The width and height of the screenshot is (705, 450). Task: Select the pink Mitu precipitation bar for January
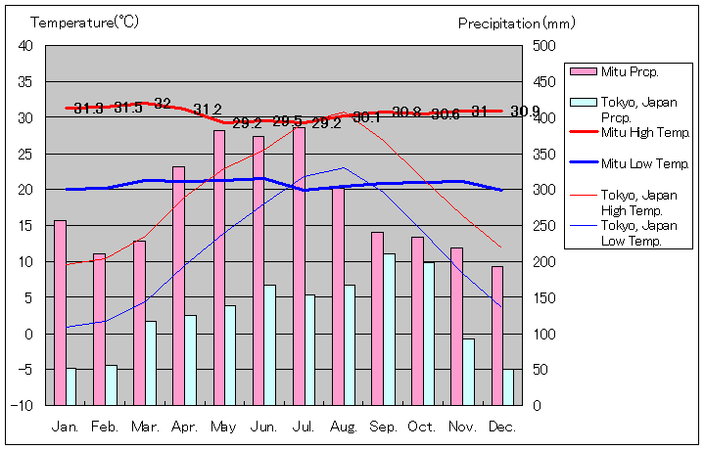click(x=61, y=312)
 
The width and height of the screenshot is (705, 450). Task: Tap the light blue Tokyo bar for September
click(x=390, y=329)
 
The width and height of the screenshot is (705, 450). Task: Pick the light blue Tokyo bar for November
click(x=469, y=372)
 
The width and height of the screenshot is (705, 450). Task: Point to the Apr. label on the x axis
click(x=184, y=427)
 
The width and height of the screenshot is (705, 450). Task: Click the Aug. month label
click(x=344, y=427)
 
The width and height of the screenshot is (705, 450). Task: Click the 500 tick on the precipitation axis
click(x=543, y=46)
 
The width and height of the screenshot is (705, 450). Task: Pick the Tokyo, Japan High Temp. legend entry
click(x=635, y=202)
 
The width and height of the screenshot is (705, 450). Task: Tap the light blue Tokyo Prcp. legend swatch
click(x=584, y=101)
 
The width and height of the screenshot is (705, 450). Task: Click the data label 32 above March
click(x=163, y=104)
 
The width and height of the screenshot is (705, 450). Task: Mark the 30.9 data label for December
click(x=524, y=111)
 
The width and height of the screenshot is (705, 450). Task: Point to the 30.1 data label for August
click(x=366, y=117)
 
